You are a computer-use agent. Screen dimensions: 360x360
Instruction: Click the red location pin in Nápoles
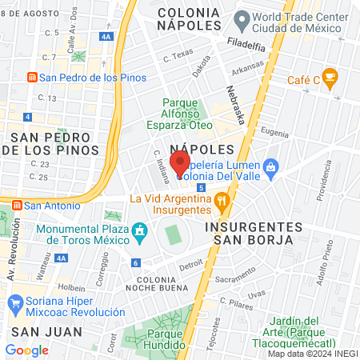coord(181,163)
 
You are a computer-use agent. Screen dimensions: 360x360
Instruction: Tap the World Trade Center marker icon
coord(240,18)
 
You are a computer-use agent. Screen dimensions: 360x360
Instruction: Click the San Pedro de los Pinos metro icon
coord(31,78)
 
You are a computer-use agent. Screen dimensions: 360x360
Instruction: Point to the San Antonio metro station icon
coord(14,205)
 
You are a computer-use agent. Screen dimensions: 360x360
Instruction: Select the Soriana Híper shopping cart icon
coord(15,304)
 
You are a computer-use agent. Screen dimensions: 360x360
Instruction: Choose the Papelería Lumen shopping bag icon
coord(272,166)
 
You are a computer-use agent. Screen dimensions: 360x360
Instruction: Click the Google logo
coord(26,350)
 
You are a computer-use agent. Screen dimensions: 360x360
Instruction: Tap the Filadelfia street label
coord(246,45)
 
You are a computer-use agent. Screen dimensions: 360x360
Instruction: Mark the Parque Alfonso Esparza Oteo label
coord(186,114)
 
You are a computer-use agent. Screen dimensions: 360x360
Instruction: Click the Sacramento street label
coord(234,280)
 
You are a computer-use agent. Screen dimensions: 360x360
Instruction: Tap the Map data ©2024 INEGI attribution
coord(312,353)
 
